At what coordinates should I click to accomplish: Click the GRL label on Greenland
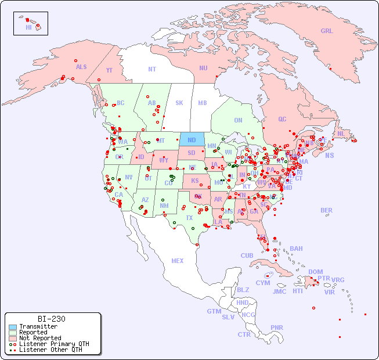[x=327, y=31]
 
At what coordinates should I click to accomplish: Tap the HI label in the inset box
[x=28, y=27]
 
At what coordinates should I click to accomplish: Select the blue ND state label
[x=192, y=140]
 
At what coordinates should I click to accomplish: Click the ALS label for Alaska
[x=81, y=67]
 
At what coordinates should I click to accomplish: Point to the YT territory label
[x=109, y=70]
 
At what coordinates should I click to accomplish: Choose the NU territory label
[x=203, y=68]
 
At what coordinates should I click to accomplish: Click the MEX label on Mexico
[x=177, y=261]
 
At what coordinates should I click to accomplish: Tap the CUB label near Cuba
[x=247, y=255]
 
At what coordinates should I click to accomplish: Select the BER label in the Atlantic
[x=326, y=210]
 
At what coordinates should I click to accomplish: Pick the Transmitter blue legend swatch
[x=12, y=327]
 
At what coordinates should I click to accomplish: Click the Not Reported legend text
[x=39, y=338]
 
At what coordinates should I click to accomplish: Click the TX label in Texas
[x=189, y=218]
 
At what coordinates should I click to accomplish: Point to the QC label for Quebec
[x=282, y=119]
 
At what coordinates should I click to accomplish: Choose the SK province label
[x=179, y=103]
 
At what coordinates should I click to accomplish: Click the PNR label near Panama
[x=277, y=327]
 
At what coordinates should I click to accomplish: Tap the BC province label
[x=121, y=103]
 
